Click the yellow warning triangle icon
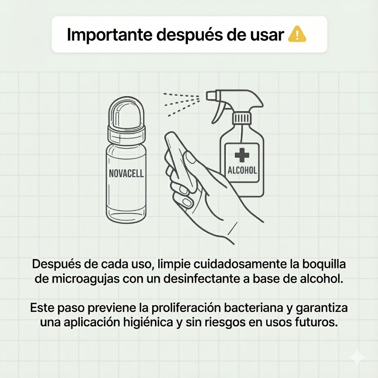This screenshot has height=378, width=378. (297, 35)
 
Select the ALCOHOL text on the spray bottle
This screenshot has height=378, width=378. (242, 170)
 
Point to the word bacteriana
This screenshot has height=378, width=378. (246, 308)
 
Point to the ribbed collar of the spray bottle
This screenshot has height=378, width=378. (241, 118)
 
